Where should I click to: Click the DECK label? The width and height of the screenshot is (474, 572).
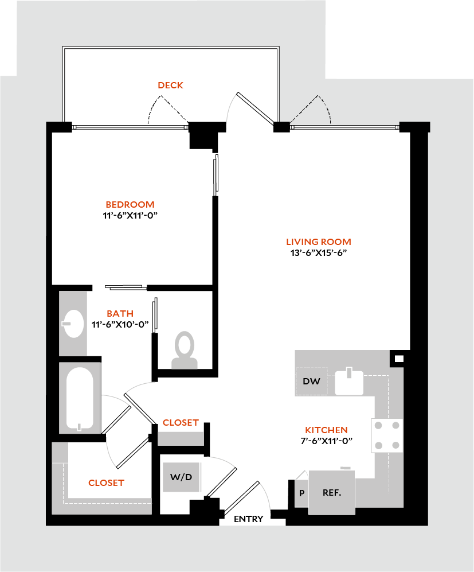pos(171,85)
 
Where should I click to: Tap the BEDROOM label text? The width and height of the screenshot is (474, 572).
pos(130,205)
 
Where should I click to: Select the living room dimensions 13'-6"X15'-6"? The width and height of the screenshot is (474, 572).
pos(319,252)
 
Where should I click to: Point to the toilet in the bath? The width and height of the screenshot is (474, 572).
pos(185,350)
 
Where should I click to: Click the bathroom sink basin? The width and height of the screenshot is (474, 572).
pos(73,324)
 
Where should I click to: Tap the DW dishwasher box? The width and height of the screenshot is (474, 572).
pos(311,382)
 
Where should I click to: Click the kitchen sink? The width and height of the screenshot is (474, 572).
pos(350,382)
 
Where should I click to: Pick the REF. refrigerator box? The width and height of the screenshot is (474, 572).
pos(332,492)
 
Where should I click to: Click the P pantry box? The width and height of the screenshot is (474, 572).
pos(301,493)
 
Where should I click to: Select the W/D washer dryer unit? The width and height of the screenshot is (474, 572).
pos(181,477)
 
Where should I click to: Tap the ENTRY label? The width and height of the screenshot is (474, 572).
pos(249,519)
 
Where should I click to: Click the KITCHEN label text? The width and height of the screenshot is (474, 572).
pos(326,430)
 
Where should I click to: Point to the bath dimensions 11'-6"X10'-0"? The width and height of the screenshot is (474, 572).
pos(120,324)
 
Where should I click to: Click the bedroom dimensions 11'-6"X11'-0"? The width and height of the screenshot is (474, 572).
pos(130,215)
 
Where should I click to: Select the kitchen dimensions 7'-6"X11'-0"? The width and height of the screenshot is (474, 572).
pos(326,441)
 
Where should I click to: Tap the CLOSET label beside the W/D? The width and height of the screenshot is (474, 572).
pos(181,423)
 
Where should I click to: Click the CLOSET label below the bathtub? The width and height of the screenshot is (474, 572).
pos(106,483)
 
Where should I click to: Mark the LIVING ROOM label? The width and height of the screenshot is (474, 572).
pos(319,242)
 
